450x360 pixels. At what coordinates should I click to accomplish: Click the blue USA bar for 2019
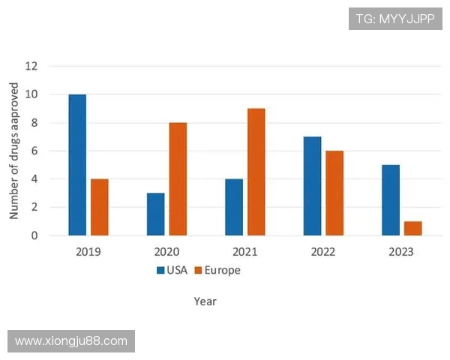click(77, 165)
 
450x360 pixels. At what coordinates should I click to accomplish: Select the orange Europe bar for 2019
click(100, 207)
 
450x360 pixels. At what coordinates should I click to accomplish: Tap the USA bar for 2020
click(155, 214)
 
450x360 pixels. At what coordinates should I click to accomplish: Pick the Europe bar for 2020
click(178, 179)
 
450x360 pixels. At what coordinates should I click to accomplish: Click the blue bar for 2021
click(234, 207)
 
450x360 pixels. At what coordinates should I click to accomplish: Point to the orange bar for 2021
click(256, 172)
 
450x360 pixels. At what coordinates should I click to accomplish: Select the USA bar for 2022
click(312, 186)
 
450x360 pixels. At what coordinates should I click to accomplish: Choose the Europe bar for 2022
click(334, 193)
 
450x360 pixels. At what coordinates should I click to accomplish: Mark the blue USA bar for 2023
click(391, 200)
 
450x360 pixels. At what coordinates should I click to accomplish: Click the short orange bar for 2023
click(413, 228)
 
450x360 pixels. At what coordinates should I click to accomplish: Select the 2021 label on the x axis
click(244, 251)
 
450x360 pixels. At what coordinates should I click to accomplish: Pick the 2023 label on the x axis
click(401, 251)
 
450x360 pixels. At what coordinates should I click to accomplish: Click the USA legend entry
click(172, 270)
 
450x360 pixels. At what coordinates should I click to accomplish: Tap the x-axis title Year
click(205, 301)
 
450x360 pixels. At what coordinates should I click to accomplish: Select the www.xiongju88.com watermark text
click(71, 341)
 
